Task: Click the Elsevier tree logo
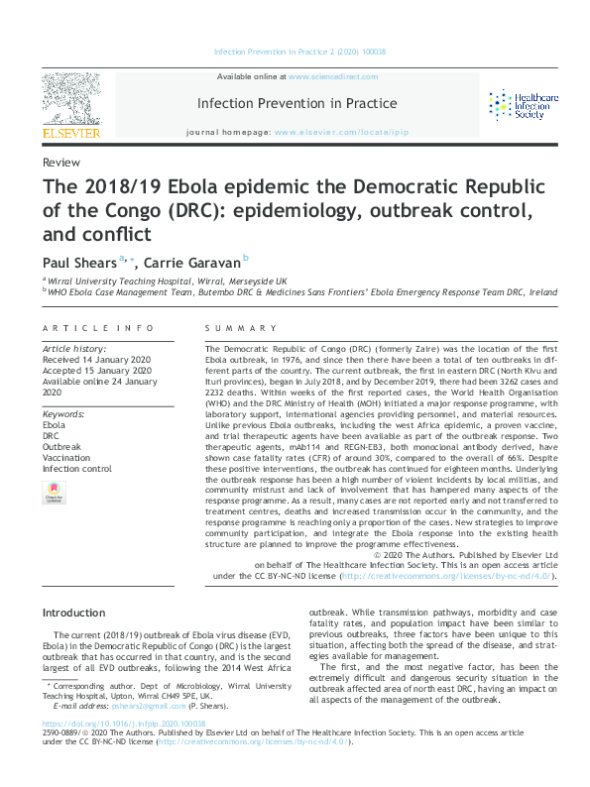[x=71, y=103]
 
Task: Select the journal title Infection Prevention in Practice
[x=297, y=103]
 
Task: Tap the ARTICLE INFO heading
[x=98, y=328]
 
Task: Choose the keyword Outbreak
[x=62, y=447]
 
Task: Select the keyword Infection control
[x=77, y=469]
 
